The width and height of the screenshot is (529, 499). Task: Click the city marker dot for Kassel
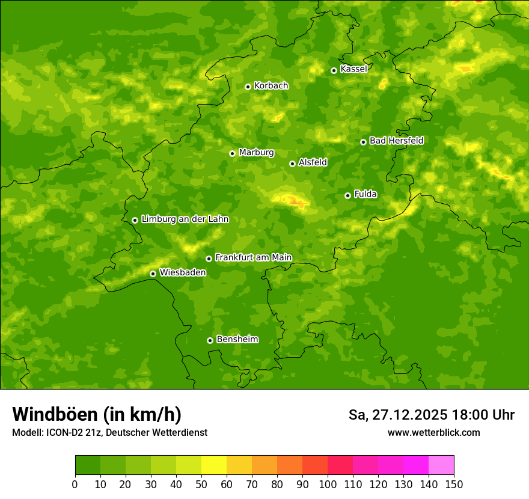[334, 70]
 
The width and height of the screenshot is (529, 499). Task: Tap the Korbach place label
[271, 86]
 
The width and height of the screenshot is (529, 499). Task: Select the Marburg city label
[256, 153]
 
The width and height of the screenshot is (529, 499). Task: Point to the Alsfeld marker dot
[292, 164]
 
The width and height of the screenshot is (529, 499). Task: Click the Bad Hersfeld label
[396, 141]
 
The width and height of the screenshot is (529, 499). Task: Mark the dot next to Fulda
[347, 195]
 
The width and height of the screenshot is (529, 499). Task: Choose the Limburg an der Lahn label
[185, 219]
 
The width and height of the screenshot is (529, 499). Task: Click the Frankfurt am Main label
[253, 258]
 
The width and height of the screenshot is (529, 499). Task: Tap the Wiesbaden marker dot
[153, 274]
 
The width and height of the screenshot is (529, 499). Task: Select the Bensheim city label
[237, 340]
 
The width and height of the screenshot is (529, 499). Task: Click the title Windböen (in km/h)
[97, 414]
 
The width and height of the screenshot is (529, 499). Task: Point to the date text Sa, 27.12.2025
[398, 415]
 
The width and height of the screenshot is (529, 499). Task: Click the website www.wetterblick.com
[433, 433]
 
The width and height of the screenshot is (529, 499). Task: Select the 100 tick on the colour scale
[328, 484]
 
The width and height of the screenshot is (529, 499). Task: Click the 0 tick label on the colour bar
[75, 484]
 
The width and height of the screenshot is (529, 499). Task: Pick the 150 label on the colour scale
[453, 484]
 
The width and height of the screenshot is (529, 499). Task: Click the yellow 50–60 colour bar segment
[214, 465]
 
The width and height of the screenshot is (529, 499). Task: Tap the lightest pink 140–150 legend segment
[441, 465]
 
